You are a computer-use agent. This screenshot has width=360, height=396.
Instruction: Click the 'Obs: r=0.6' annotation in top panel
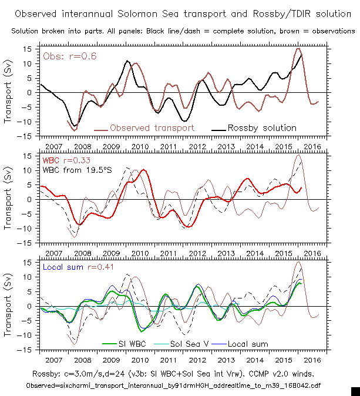pyautogui.click(x=69, y=56)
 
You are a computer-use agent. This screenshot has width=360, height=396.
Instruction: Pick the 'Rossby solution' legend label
pyautogui.click(x=261, y=127)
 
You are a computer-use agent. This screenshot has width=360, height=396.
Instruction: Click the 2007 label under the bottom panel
pyautogui.click(x=54, y=358)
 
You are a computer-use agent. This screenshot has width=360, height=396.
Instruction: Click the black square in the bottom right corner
pyautogui.click(x=355, y=391)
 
